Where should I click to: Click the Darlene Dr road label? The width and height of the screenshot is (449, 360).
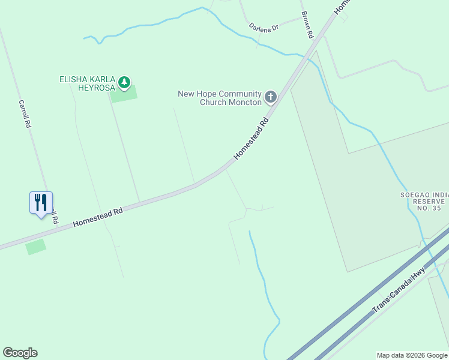pos(264,28)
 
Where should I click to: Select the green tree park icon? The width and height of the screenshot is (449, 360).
pos(124,82)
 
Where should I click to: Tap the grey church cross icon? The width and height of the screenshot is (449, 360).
pos(271,96)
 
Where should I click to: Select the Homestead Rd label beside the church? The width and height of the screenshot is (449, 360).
pos(250,139)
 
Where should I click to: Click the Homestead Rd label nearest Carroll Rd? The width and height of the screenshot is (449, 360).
pos(98,217)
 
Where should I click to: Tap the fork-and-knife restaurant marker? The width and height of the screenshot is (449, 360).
pos(41,203)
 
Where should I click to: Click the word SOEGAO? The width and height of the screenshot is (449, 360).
pos(417,194)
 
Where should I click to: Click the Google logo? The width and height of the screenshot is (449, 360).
pos(20,353)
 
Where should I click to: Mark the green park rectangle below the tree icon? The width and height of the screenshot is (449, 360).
pos(124,94)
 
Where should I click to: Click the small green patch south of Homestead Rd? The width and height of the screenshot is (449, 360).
pos(35,247)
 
